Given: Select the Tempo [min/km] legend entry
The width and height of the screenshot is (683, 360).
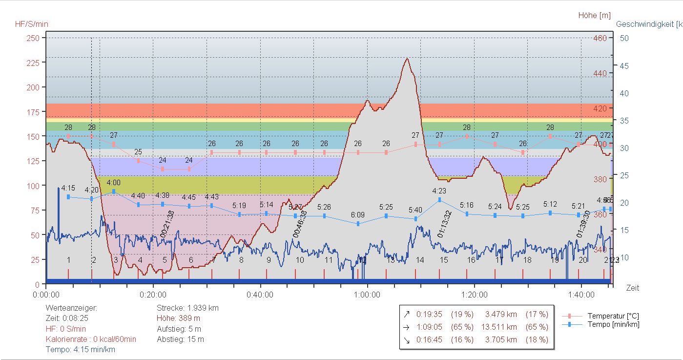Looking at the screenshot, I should click(x=613, y=324).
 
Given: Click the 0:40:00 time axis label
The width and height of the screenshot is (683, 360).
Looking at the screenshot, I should click(x=260, y=295).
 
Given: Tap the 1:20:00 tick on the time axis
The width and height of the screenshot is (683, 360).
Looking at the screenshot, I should click(x=474, y=295).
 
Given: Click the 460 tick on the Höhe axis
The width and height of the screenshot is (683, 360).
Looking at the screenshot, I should click(x=600, y=38).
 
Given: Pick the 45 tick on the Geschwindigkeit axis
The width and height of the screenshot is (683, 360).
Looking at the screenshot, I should click(x=623, y=66).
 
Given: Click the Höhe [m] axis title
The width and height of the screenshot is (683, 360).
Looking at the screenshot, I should click(x=594, y=16).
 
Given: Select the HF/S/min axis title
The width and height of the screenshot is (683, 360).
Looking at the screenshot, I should click(x=32, y=24).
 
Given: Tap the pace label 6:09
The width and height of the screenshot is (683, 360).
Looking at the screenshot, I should click(x=358, y=215).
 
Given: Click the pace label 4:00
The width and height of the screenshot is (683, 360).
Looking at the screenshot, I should click(x=113, y=183).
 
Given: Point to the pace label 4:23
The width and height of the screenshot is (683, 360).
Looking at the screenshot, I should click(x=439, y=191).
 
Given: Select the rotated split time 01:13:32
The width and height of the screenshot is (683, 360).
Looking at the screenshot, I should click(x=444, y=224).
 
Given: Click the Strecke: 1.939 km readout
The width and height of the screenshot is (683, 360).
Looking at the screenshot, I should click(x=187, y=308).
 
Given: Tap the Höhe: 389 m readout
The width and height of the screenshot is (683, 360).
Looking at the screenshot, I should click(x=178, y=318).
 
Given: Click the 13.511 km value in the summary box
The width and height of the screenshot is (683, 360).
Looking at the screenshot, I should click(x=501, y=327).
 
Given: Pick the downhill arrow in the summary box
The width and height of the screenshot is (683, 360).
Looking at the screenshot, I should click(x=406, y=339).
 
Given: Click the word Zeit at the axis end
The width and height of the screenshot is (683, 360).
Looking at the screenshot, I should click(x=633, y=288).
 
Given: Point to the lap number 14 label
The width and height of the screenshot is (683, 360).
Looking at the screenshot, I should click(x=420, y=260).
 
